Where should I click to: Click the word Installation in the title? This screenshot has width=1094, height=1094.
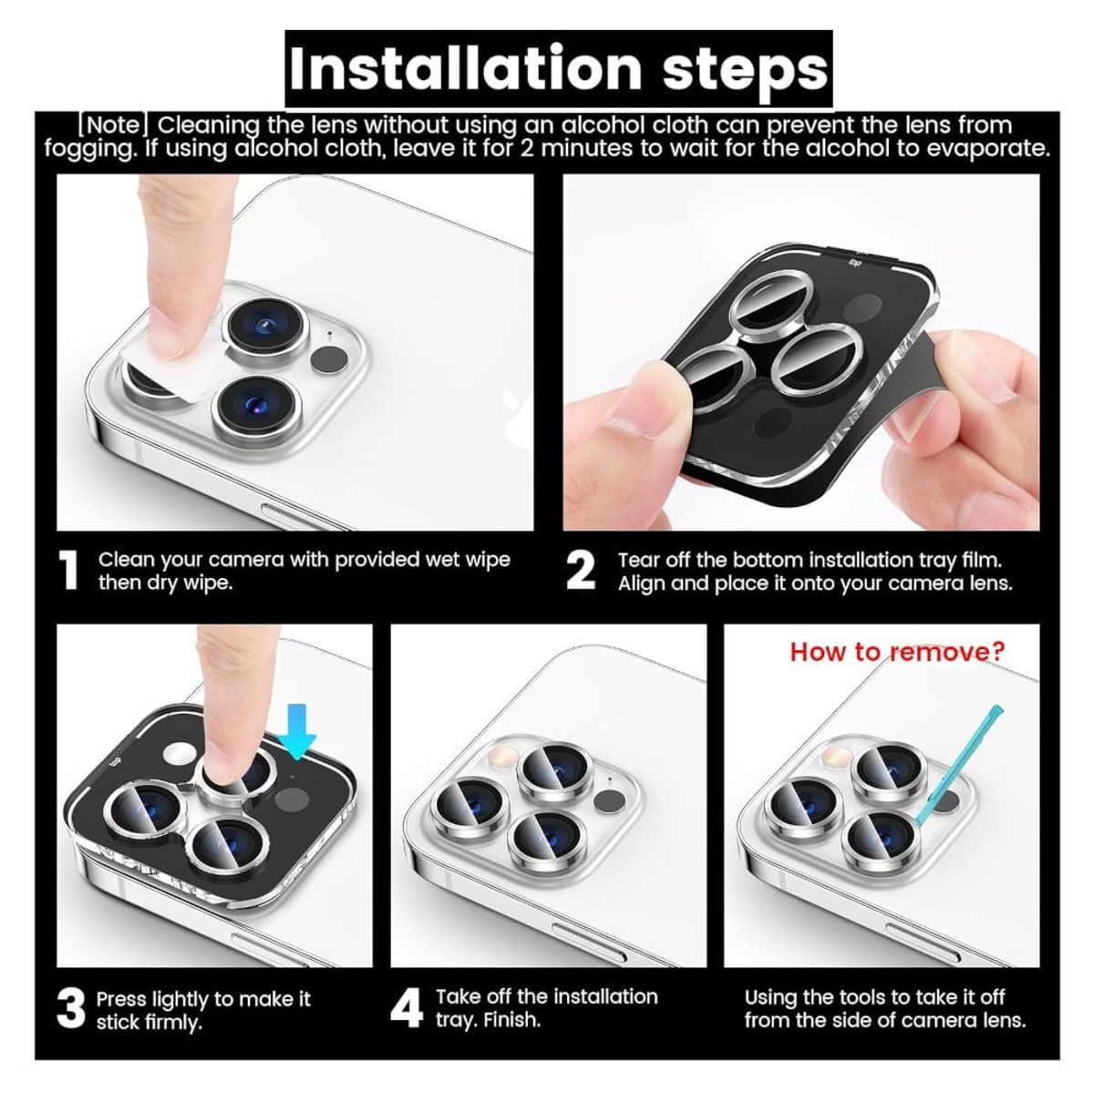click(x=466, y=68)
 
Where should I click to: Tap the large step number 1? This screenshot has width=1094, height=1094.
click(x=68, y=571)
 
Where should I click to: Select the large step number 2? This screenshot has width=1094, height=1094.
click(x=581, y=571)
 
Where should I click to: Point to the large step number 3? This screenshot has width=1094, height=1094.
click(x=71, y=1008)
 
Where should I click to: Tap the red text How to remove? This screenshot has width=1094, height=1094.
click(x=897, y=652)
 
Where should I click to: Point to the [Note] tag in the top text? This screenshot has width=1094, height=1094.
click(x=114, y=125)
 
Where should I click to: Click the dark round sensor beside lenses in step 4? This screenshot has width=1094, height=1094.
click(x=609, y=801)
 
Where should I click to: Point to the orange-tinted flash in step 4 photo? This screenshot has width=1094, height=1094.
click(x=505, y=756)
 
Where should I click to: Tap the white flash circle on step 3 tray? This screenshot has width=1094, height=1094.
click(x=180, y=755)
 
